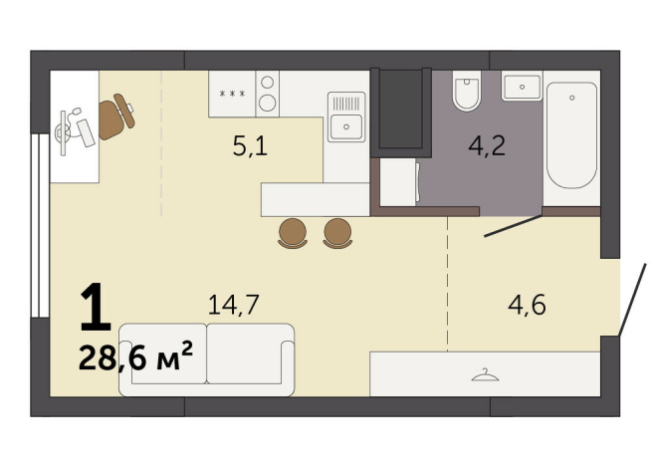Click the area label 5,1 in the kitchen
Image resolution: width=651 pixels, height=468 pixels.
tap(250, 148)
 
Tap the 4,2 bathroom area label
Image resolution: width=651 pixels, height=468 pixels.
tap(488, 148)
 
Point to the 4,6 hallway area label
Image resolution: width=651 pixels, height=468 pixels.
tap(527, 304)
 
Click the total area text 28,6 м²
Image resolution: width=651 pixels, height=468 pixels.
tap(135, 357)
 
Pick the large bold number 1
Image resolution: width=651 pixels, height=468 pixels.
tap(95, 310)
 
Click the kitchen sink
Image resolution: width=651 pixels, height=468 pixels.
tap(345, 124)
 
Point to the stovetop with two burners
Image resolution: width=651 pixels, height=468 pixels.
tap(267, 93)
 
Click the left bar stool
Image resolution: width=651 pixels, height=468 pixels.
tap(293, 232)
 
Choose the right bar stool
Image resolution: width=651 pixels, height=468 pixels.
tap(337, 232)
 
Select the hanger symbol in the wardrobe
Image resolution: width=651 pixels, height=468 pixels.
tap(484, 374)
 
